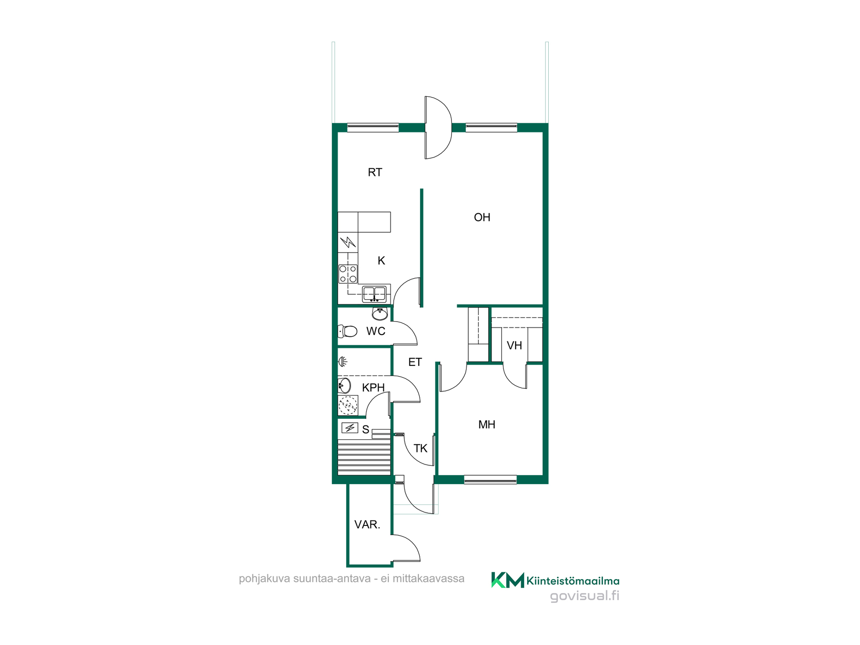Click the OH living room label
(x=482, y=217)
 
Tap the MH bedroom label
(x=487, y=424)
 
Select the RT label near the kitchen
(x=375, y=172)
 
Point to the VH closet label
(x=514, y=345)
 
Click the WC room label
(x=376, y=331)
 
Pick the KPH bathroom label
(x=374, y=387)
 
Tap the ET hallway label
(x=415, y=362)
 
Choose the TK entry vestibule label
(x=421, y=448)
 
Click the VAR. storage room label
(x=367, y=525)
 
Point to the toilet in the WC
(x=348, y=331)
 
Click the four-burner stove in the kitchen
(x=348, y=274)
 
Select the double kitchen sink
(x=374, y=294)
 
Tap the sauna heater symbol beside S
(x=350, y=428)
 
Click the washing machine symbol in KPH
(x=348, y=405)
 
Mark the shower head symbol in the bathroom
(x=343, y=361)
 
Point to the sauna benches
(x=364, y=457)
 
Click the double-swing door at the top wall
(x=438, y=128)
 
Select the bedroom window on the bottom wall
(x=490, y=480)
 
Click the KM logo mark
(x=507, y=580)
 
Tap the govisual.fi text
(x=585, y=596)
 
